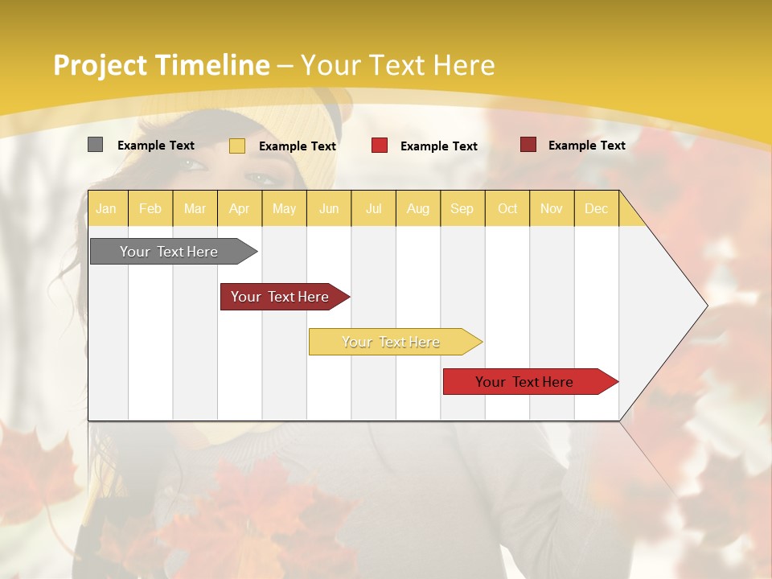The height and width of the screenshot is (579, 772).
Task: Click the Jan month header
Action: pos(106,208)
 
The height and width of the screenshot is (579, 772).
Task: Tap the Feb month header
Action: pos(150,208)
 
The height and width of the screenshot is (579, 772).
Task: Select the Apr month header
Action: pos(239,208)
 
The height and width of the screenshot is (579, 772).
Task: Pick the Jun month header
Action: pos(329,208)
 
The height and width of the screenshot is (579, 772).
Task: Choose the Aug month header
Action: pos(417,208)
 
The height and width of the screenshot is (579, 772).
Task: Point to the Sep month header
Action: pos(462,208)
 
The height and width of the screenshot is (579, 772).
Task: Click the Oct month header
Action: pos(507,208)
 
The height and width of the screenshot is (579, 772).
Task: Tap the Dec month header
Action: pos(596,208)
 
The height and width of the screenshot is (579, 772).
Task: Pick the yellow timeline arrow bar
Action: pos(392,342)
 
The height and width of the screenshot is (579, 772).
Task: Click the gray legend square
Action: pos(95,145)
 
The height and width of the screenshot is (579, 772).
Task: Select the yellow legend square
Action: pos(236,146)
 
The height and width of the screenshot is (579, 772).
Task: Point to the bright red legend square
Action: pos(379,146)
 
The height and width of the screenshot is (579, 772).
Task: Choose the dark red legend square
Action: pos(528,145)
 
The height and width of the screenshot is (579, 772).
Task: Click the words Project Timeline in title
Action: pos(161,65)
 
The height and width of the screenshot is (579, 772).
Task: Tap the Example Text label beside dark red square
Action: pos(586,146)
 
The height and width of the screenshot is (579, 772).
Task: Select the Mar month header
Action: pos(195,208)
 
